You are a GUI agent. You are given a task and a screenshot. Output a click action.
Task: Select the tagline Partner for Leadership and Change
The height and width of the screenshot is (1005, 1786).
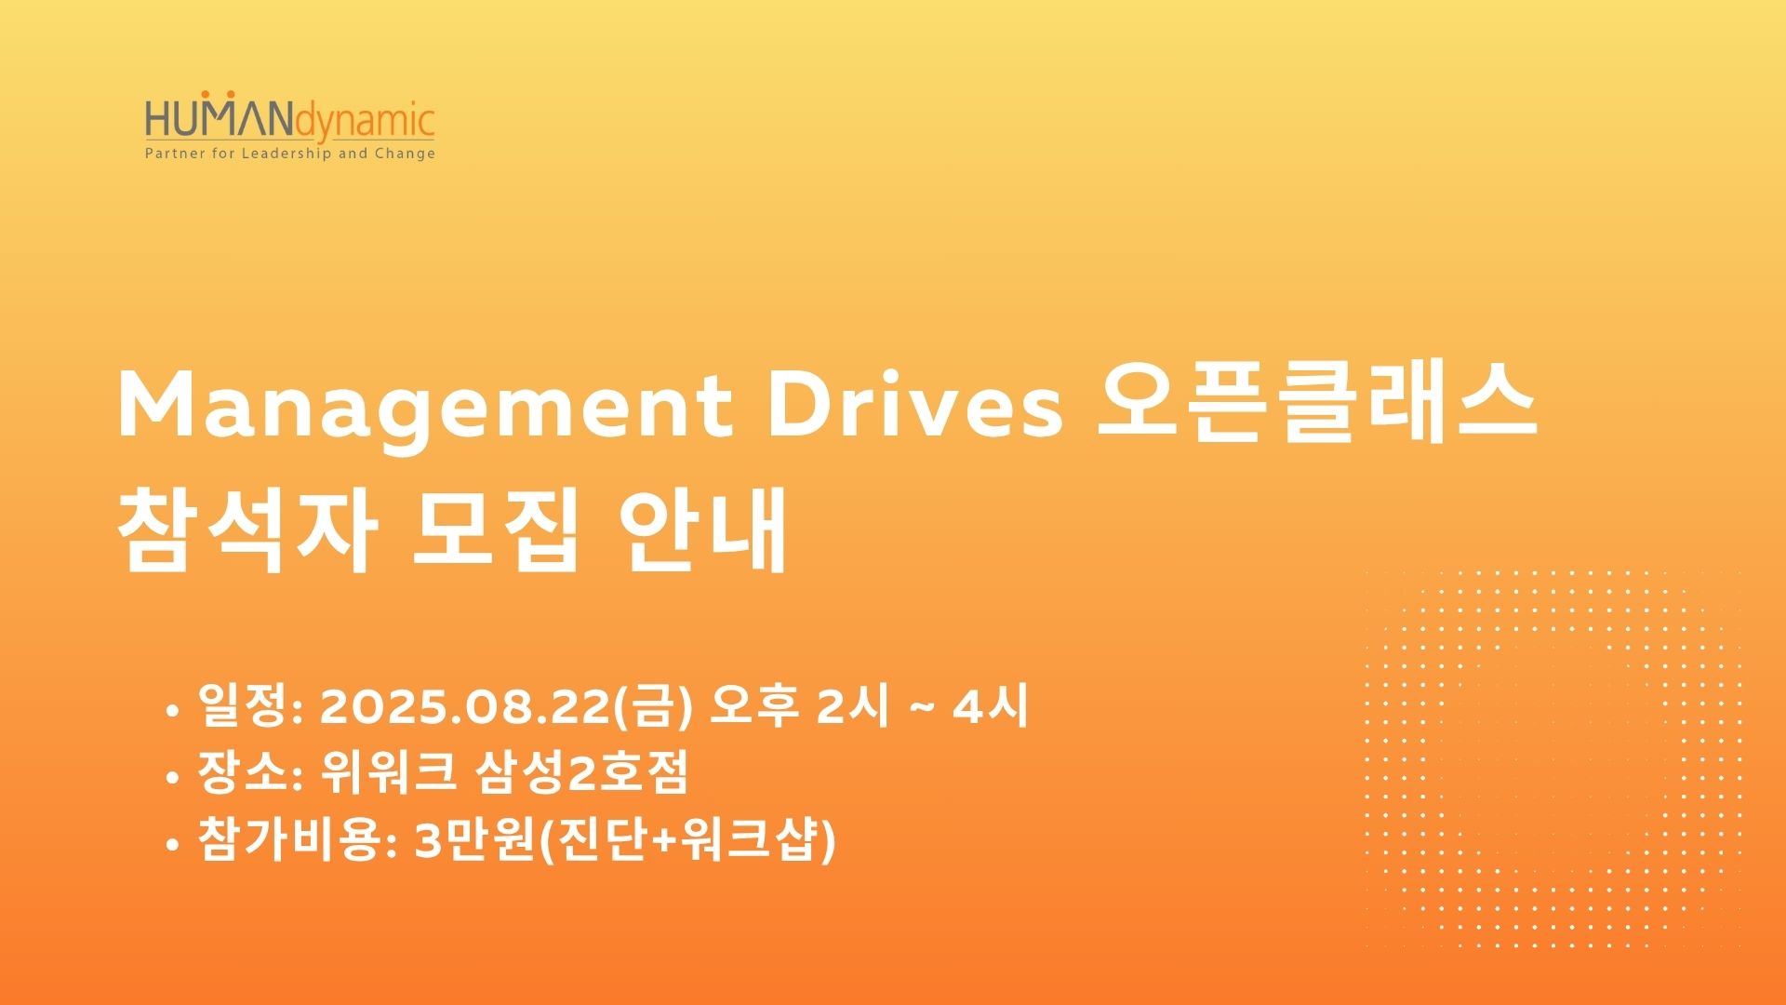click(x=290, y=154)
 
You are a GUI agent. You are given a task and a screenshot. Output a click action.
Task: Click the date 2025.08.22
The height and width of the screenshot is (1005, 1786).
click(x=464, y=707)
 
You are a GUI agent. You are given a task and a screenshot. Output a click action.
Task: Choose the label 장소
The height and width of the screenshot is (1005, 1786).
click(x=244, y=772)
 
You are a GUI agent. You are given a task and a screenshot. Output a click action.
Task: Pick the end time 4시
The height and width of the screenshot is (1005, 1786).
click(x=991, y=707)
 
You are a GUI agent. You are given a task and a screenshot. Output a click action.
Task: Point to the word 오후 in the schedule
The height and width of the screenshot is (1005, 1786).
click(x=754, y=707)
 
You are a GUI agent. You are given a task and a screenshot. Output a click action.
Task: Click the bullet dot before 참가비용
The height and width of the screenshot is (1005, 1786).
click(x=171, y=845)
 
